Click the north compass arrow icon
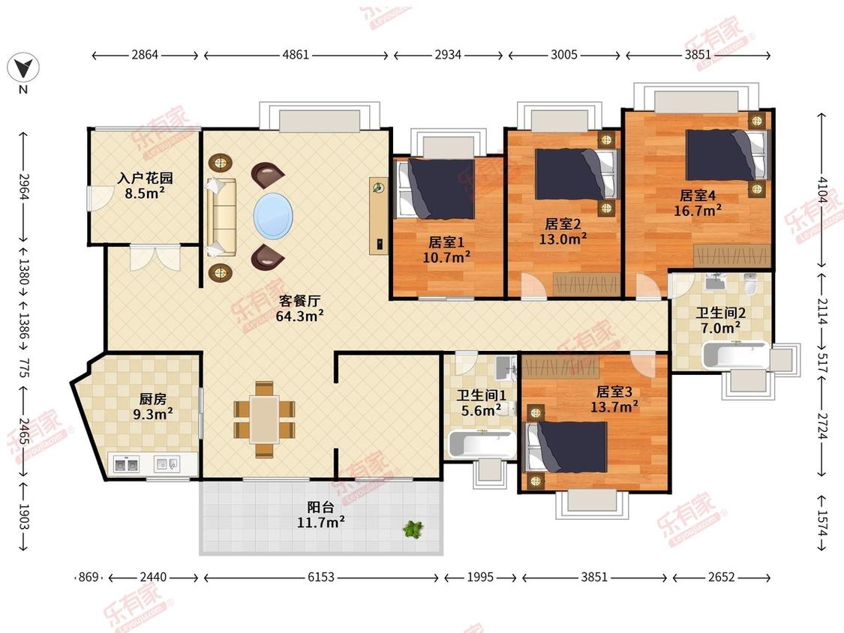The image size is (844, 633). [x=23, y=67]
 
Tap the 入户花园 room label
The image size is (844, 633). [x=146, y=178]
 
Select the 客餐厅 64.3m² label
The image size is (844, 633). [x=300, y=308]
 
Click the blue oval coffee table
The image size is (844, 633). [x=273, y=216]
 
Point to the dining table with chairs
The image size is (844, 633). [x=264, y=419]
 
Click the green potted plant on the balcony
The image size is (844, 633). [x=413, y=529]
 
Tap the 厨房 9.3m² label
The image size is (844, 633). [x=153, y=407]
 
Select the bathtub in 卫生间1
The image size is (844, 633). [x=481, y=444]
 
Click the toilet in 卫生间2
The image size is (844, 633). [x=750, y=283]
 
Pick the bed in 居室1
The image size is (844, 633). [x=435, y=188]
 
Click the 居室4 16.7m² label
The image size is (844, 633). [x=698, y=203]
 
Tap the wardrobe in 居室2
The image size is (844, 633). [x=586, y=283]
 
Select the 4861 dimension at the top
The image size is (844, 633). [x=296, y=55]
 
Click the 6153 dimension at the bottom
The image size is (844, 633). [x=321, y=577]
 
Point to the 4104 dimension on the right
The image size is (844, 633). [x=821, y=190]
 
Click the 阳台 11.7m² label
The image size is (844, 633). [x=321, y=514]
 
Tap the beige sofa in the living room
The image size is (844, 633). [x=221, y=217]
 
